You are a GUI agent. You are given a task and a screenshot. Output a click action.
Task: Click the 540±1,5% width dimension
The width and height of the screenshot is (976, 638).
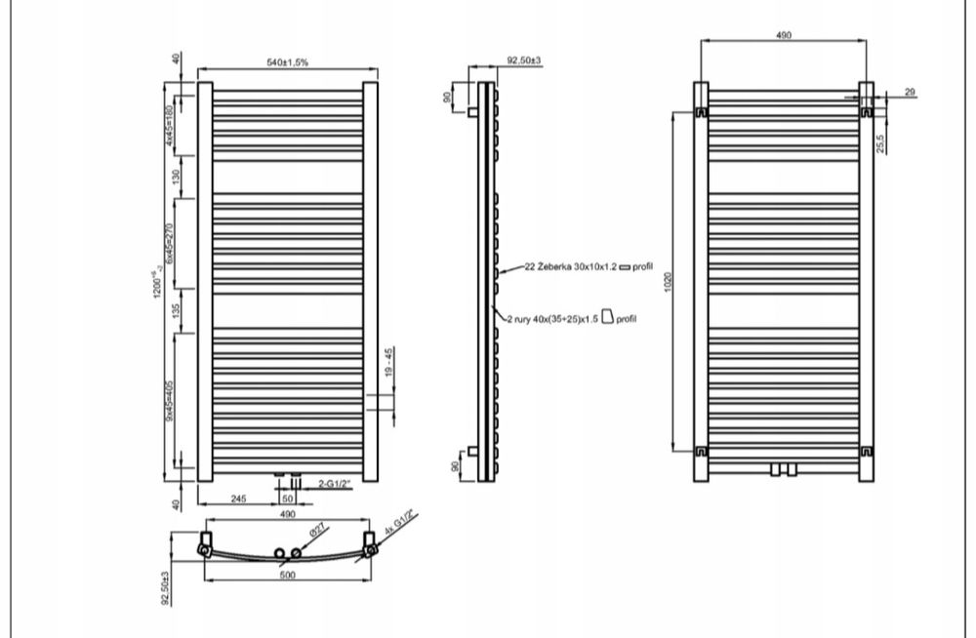(288, 62)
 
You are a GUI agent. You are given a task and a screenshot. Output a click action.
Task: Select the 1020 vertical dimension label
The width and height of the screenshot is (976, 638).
(669, 282)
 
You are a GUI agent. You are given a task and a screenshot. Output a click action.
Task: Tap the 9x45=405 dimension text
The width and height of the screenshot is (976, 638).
(169, 402)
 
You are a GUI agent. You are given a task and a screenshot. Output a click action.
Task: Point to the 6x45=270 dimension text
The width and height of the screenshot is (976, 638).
(169, 243)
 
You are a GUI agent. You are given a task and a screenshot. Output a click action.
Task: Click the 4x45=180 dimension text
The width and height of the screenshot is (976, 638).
(169, 125)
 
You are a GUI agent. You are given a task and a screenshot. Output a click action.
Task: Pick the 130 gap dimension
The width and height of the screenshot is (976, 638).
(176, 177)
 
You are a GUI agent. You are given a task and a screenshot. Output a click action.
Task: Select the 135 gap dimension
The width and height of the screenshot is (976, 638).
(176, 310)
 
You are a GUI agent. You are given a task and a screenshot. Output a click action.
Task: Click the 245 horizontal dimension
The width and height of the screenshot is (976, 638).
(238, 498)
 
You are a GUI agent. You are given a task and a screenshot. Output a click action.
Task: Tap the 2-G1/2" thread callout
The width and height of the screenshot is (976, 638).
(335, 484)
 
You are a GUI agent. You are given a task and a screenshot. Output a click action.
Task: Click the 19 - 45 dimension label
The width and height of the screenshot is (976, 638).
(389, 362)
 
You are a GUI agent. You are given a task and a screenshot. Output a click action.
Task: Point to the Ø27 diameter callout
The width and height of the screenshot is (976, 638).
(317, 531)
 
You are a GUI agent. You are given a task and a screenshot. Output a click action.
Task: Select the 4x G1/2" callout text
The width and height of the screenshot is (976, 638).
(399, 524)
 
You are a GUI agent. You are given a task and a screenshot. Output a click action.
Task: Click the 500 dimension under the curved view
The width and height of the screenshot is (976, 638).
(287, 575)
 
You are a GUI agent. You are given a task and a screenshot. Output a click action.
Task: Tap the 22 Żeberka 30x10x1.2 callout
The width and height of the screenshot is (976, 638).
(571, 266)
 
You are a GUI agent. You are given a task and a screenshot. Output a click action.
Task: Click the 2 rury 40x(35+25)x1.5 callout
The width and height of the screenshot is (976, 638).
(552, 319)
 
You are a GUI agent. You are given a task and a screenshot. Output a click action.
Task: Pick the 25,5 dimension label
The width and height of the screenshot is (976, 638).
(880, 143)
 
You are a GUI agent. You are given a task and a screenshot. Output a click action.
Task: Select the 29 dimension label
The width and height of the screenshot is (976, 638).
(910, 92)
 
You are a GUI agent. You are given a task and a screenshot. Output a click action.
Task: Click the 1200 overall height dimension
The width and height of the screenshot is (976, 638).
(157, 284)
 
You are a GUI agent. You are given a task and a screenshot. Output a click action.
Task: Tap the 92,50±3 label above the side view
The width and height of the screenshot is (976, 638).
(524, 60)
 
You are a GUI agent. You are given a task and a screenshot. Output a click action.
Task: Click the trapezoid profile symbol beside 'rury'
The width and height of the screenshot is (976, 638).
(607, 316)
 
